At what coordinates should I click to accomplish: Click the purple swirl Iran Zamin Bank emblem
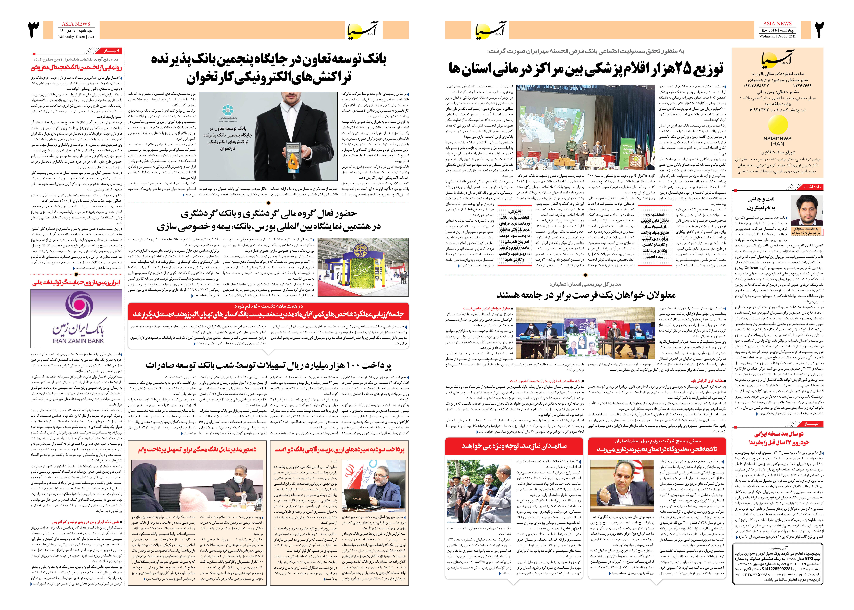[79, 305]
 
